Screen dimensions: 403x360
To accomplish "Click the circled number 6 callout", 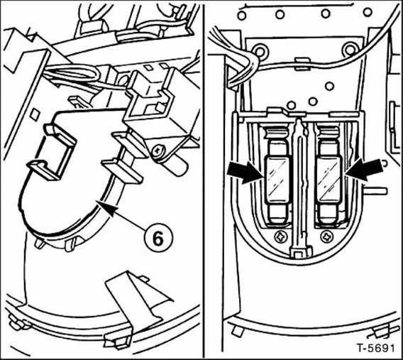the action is (x=158, y=239).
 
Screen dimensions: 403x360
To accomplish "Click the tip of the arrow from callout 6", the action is (x=99, y=203).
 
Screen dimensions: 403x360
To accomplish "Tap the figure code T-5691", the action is (x=376, y=349).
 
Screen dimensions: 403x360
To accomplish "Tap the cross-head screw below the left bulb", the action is (x=281, y=236).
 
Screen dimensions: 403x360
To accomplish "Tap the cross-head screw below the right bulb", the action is (x=328, y=236).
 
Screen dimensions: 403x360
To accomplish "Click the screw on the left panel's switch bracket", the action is (x=157, y=151).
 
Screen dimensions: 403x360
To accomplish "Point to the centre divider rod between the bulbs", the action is (x=299, y=185).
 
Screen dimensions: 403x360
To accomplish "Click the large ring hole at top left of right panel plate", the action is (x=260, y=51).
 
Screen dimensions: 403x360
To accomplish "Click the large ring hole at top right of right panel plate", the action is (x=350, y=50).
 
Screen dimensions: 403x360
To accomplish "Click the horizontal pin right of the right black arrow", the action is (x=376, y=191).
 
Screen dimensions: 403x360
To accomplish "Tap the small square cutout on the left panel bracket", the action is (x=35, y=115).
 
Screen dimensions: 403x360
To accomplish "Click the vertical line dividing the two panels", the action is (x=204, y=180).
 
